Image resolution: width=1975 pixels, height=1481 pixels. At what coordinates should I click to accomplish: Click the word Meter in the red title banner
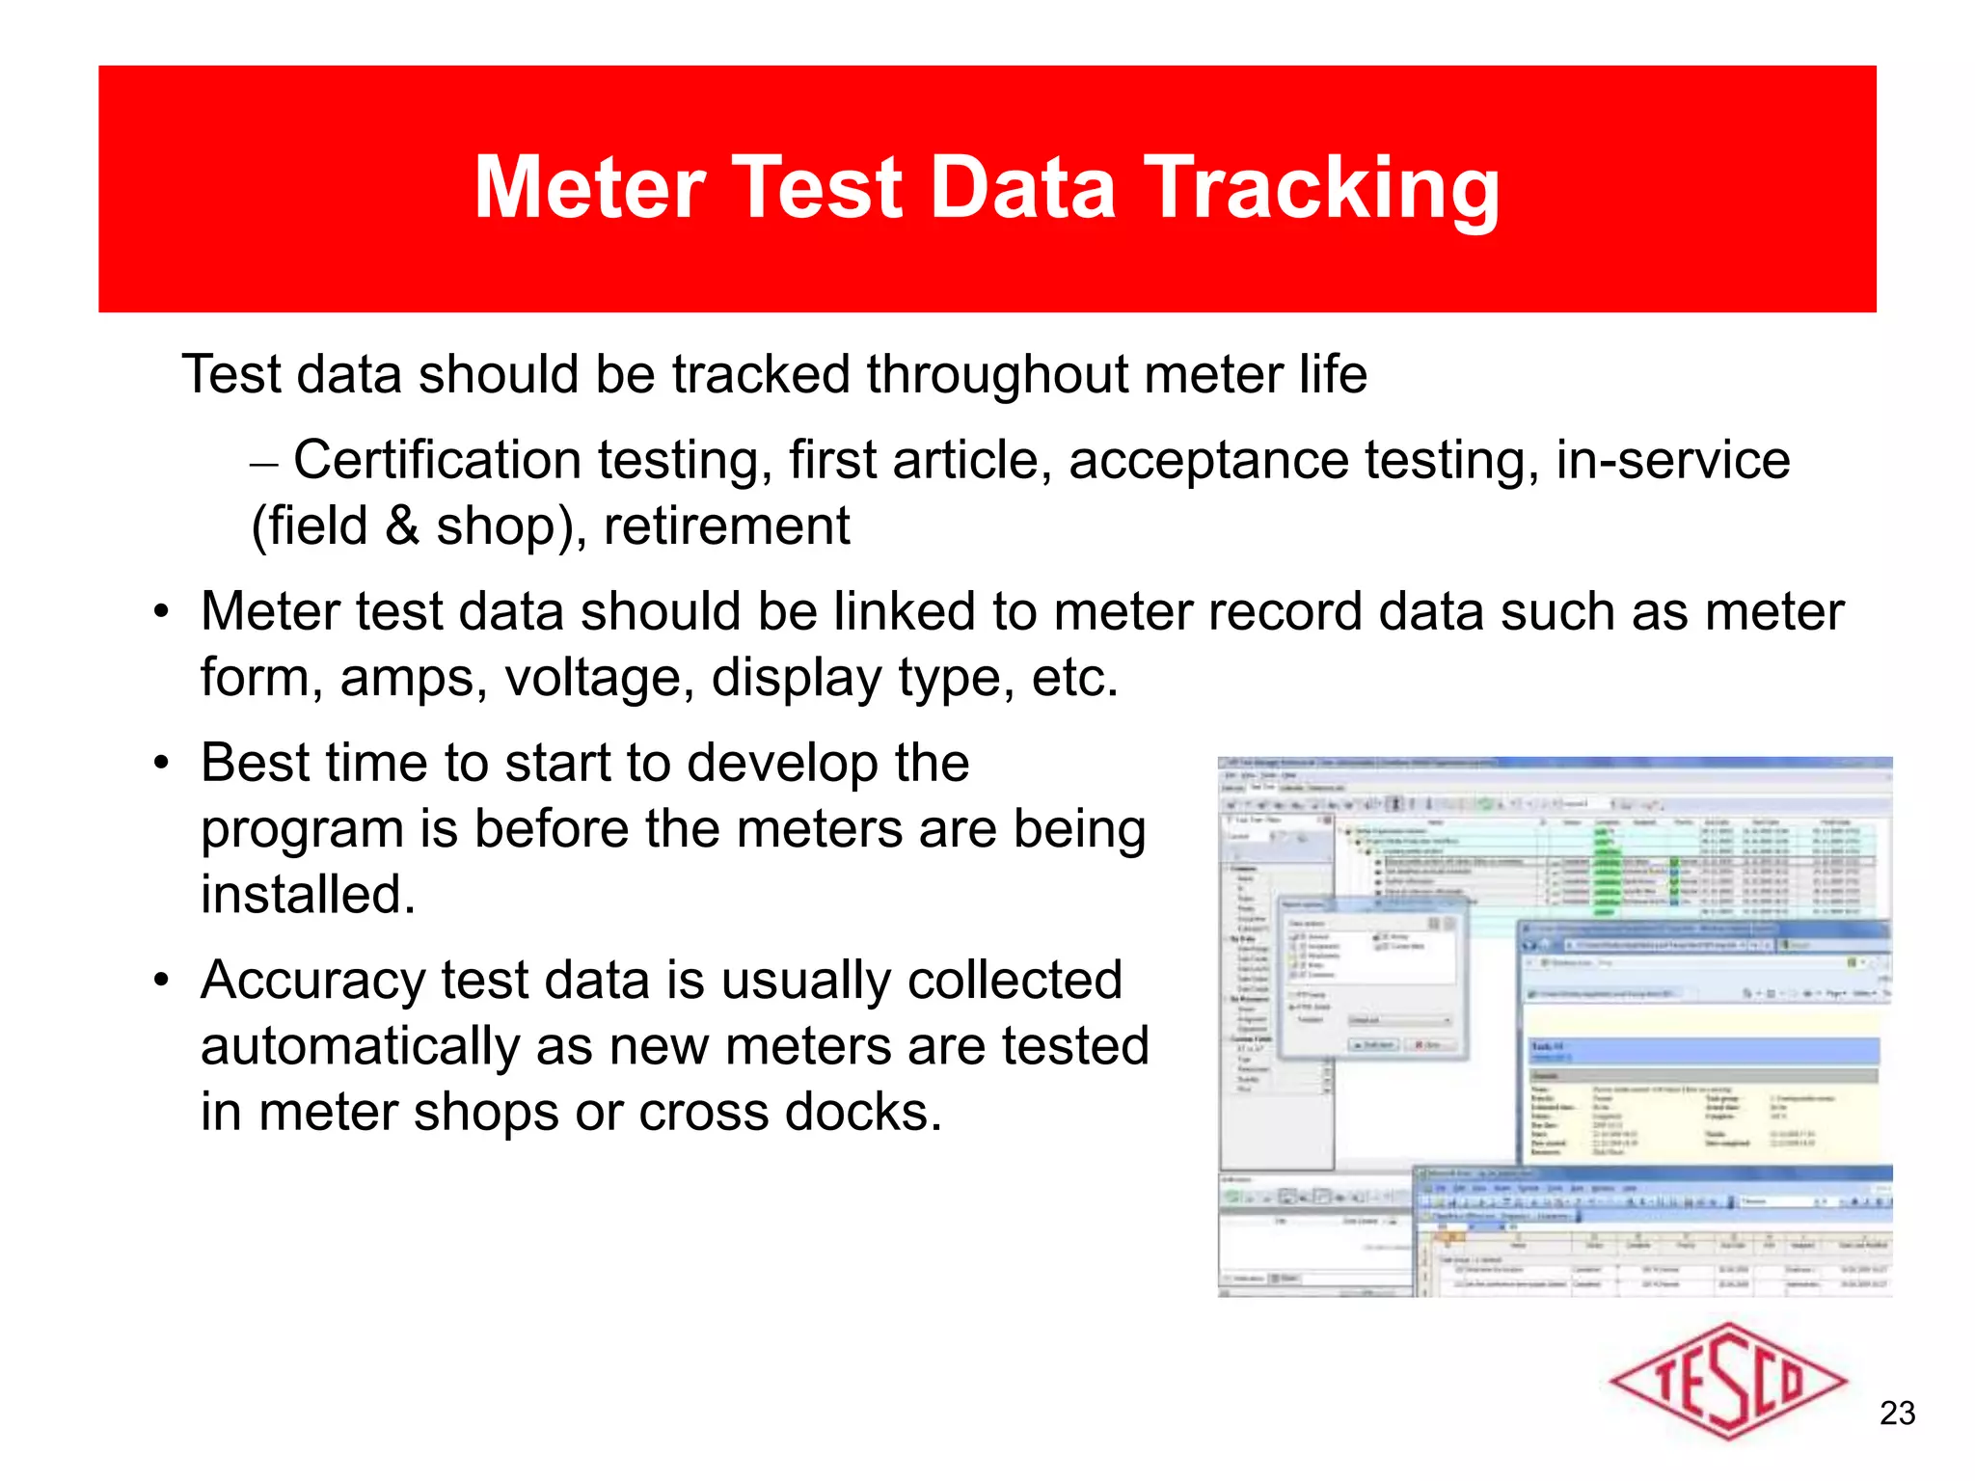click(x=590, y=188)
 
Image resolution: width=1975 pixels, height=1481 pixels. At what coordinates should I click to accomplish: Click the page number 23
click(x=1897, y=1414)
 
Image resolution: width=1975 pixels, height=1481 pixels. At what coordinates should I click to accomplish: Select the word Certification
click(x=436, y=460)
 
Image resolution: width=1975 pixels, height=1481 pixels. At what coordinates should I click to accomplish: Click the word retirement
click(x=726, y=526)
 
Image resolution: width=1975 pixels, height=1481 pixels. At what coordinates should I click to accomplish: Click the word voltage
click(x=599, y=677)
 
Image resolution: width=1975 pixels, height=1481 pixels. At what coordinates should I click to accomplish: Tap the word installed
click(x=307, y=894)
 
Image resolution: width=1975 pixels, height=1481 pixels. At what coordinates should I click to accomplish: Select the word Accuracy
click(x=312, y=981)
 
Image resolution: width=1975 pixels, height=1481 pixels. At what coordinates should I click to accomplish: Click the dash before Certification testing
click(x=263, y=463)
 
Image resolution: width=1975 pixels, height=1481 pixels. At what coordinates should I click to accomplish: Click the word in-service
click(x=1672, y=460)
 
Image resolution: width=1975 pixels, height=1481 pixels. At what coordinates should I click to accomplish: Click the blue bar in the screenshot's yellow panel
click(x=1702, y=1050)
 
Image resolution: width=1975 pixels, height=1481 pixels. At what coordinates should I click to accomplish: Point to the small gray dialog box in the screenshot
click(x=1373, y=979)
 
